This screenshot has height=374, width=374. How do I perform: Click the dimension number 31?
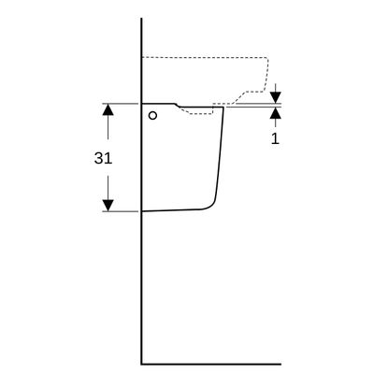pyautogui.click(x=103, y=158)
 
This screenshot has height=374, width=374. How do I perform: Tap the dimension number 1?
pyautogui.click(x=275, y=138)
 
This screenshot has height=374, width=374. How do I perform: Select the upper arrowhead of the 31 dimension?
pyautogui.click(x=108, y=109)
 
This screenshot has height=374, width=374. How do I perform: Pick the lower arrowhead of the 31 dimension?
pyautogui.click(x=108, y=206)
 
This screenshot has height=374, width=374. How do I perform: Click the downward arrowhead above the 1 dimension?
pyautogui.click(x=276, y=97)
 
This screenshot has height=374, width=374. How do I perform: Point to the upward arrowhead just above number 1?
pyautogui.click(x=276, y=113)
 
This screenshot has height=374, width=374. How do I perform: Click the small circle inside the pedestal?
pyautogui.click(x=152, y=116)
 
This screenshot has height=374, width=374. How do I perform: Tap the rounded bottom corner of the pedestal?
pyautogui.click(x=210, y=206)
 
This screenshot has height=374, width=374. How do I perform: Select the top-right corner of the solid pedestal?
pyautogui.click(x=223, y=108)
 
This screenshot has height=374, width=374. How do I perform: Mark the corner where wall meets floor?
pyautogui.click(x=141, y=364)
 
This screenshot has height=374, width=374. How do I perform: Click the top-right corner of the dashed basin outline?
pyautogui.click(x=267, y=58)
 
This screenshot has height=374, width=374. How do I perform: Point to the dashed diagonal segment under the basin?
pyautogui.click(x=239, y=97)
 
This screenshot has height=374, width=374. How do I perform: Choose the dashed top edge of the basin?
pyautogui.click(x=205, y=58)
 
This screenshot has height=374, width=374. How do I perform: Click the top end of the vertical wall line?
pyautogui.click(x=141, y=19)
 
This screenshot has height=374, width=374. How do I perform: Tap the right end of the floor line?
pyautogui.click(x=280, y=364)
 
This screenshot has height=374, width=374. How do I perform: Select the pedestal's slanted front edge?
pyautogui.click(x=220, y=152)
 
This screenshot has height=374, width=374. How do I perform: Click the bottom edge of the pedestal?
pyautogui.click(x=171, y=210)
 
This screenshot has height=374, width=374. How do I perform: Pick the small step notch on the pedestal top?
pyautogui.click(x=177, y=105)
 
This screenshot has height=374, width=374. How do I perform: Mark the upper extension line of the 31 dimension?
pyautogui.click(x=121, y=104)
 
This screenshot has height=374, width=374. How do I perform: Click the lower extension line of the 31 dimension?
pyautogui.click(x=121, y=211)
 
